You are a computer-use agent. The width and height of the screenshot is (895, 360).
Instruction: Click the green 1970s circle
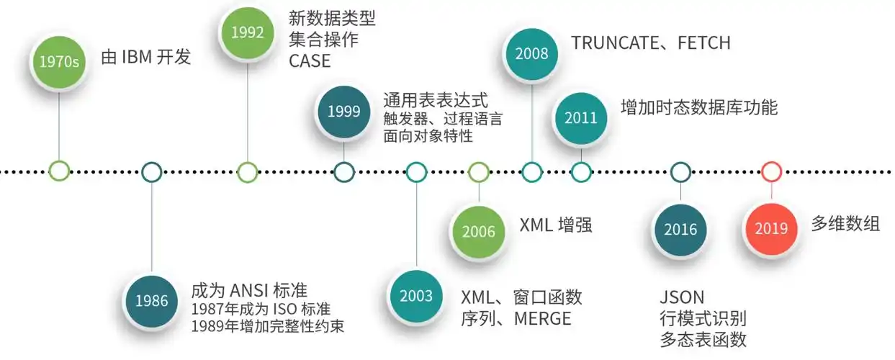coord(59,61)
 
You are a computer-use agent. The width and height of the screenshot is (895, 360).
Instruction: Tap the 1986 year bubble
coord(151,300)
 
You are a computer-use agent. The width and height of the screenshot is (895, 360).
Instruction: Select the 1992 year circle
coord(247,32)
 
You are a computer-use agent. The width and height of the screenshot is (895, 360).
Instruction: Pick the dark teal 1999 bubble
coord(343,112)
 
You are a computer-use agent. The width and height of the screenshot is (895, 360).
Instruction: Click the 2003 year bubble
coord(416,296)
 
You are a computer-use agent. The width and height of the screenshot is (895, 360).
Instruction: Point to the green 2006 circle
coord(479,232)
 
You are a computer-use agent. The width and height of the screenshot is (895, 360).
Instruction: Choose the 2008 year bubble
coord(532,53)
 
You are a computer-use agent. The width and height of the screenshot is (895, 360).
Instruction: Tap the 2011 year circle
coord(581,117)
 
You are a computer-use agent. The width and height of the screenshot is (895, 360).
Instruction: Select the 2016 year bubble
coord(680,230)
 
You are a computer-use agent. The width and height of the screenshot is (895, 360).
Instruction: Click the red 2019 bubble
coord(771,228)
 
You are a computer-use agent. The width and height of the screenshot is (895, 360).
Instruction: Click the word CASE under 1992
coord(310,61)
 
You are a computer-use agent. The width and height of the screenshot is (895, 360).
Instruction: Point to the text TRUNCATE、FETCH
coord(651,43)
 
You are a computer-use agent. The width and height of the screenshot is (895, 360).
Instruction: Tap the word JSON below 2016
coord(682,297)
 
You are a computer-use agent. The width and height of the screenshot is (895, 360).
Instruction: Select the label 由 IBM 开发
coord(145,58)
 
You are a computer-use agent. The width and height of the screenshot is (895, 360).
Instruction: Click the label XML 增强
coord(555,225)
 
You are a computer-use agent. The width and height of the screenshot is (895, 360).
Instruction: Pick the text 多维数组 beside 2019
coord(845,224)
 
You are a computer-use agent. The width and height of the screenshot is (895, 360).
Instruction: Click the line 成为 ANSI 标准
coord(249,291)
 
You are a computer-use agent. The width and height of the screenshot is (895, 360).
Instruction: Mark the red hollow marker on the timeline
coord(771,171)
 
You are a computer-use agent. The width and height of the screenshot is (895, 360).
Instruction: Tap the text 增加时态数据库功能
coord(698,108)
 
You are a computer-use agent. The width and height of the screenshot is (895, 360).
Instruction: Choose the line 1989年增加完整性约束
coord(267,326)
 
